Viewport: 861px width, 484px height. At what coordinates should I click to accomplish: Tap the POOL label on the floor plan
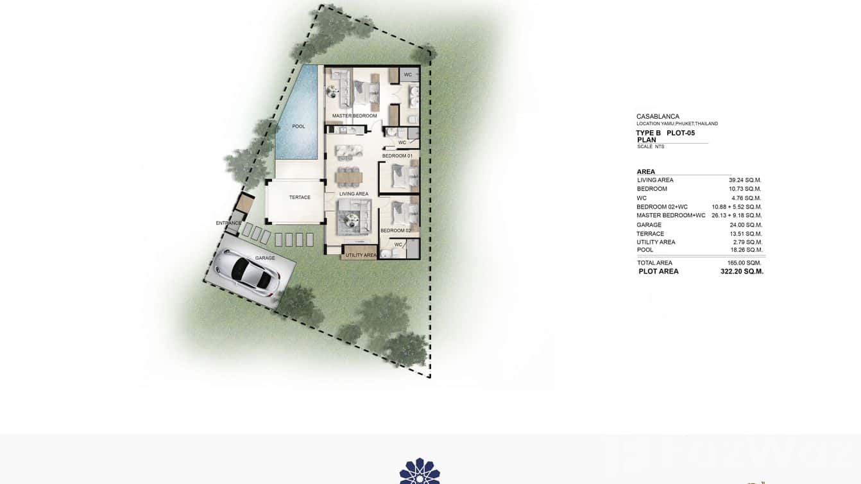tap(299, 126)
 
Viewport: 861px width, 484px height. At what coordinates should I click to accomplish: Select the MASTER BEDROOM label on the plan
tap(354, 116)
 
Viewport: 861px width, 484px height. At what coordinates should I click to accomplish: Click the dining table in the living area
tap(349, 175)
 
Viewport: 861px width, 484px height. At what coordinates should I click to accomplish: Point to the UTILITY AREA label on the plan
tap(361, 255)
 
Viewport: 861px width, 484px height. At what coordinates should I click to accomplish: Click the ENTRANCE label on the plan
tap(229, 223)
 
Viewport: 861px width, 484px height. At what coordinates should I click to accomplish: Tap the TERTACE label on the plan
tap(300, 198)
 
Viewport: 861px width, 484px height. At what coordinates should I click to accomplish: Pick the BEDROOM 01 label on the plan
tap(397, 156)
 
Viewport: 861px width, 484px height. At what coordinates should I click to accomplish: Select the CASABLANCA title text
tap(658, 117)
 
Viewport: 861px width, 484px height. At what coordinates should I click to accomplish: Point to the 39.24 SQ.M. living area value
tap(744, 180)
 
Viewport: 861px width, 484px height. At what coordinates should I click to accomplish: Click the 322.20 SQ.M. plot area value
tap(742, 272)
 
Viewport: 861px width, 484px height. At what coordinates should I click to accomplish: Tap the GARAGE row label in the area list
tap(649, 225)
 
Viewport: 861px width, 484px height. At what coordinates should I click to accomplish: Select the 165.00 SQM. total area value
tap(744, 263)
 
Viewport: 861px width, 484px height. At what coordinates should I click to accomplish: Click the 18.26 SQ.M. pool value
tap(746, 250)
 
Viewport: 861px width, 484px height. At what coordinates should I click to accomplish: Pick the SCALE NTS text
tap(651, 147)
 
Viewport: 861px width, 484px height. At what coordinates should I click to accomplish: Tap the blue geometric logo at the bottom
tap(420, 472)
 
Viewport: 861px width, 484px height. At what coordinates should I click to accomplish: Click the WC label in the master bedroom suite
tap(407, 75)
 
